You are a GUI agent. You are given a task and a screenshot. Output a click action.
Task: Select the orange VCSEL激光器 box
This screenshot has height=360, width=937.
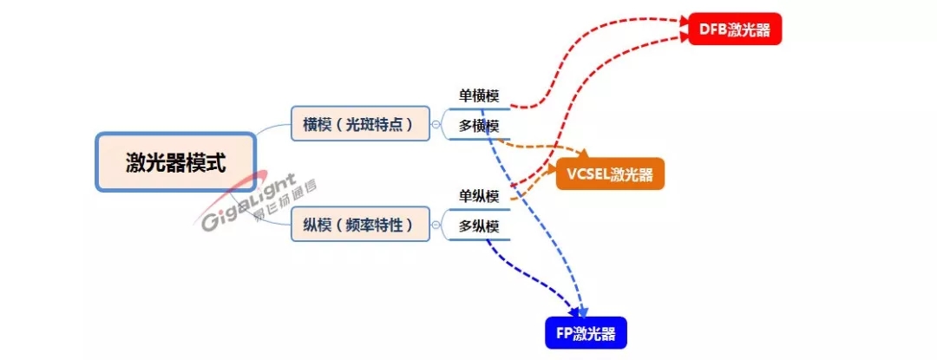pos(610,173)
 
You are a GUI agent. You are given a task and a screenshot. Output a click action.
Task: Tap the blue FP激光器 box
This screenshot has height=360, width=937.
pos(586,333)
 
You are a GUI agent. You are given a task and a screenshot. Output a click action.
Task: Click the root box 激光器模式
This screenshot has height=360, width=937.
pos(175,162)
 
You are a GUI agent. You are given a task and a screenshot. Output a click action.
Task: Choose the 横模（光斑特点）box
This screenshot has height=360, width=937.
pos(360,125)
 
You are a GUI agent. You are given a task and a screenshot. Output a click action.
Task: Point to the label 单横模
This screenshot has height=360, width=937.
pos(479,95)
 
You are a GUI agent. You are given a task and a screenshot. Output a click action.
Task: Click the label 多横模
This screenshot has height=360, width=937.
pos(479,127)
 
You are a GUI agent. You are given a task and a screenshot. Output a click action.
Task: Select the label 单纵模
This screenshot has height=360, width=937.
pos(479,196)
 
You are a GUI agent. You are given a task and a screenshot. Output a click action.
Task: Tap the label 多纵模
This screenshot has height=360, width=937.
pos(479,227)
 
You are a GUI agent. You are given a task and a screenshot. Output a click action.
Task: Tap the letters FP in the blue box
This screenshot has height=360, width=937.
pos(565,333)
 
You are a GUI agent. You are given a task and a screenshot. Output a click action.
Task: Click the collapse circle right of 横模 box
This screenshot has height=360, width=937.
pos(436,125)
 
